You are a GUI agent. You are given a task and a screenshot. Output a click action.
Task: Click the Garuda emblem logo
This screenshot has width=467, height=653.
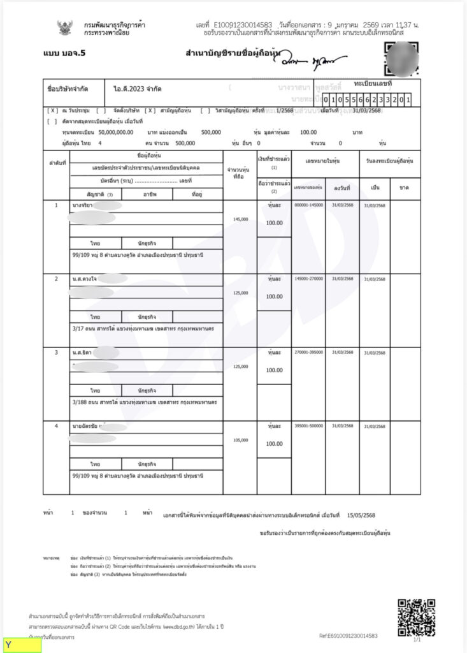(64, 27)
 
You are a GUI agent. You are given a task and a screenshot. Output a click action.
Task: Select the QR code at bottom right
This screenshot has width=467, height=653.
(416, 617)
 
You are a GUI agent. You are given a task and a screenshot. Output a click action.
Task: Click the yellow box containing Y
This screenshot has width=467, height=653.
(22, 645)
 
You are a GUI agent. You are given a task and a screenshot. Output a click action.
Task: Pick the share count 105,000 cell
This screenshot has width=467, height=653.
(240, 440)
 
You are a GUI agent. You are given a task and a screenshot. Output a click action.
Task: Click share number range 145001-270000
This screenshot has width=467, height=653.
(308, 279)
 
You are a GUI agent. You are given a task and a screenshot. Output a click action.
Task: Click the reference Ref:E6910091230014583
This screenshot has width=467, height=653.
(348, 636)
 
